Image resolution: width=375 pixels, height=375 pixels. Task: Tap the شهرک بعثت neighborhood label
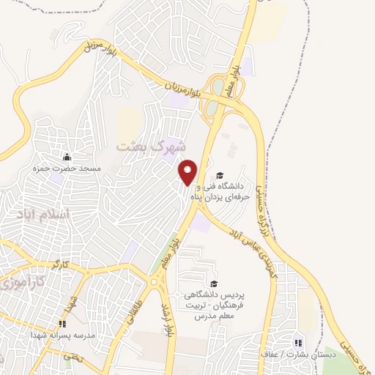146,146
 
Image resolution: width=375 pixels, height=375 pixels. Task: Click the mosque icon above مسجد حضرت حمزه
67,157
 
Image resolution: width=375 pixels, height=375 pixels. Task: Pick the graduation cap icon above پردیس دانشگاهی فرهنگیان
213,284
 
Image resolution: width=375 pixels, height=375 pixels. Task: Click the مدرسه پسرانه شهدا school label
63,335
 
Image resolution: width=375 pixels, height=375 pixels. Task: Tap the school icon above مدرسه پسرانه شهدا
63,323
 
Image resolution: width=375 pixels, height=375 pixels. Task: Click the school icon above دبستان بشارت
297,342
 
